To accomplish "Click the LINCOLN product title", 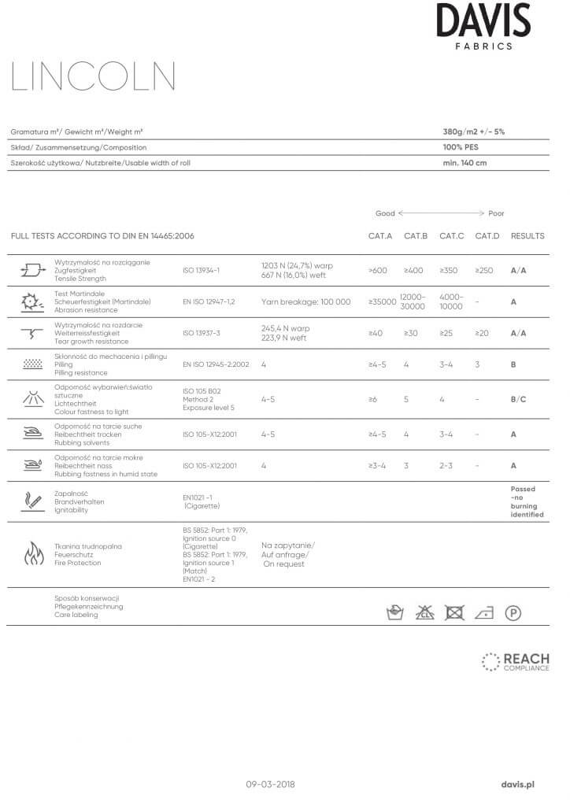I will point(93,77).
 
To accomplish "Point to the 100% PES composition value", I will point(461,147).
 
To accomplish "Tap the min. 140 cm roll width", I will point(465,163).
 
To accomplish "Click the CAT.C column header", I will point(451,236).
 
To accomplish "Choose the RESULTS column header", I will point(527,236).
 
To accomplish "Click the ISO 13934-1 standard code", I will point(201,270).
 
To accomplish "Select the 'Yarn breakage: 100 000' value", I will point(305,301).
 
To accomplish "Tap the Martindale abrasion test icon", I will point(31,301).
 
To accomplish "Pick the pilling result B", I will point(513,365).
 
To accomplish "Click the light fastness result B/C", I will point(518,400).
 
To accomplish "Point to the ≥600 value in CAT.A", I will point(377,270).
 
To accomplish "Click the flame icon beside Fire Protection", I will point(31,554).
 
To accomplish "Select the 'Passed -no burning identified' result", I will point(527,501).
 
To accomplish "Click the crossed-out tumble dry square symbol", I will point(453,612).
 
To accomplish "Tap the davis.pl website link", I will point(518,784).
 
